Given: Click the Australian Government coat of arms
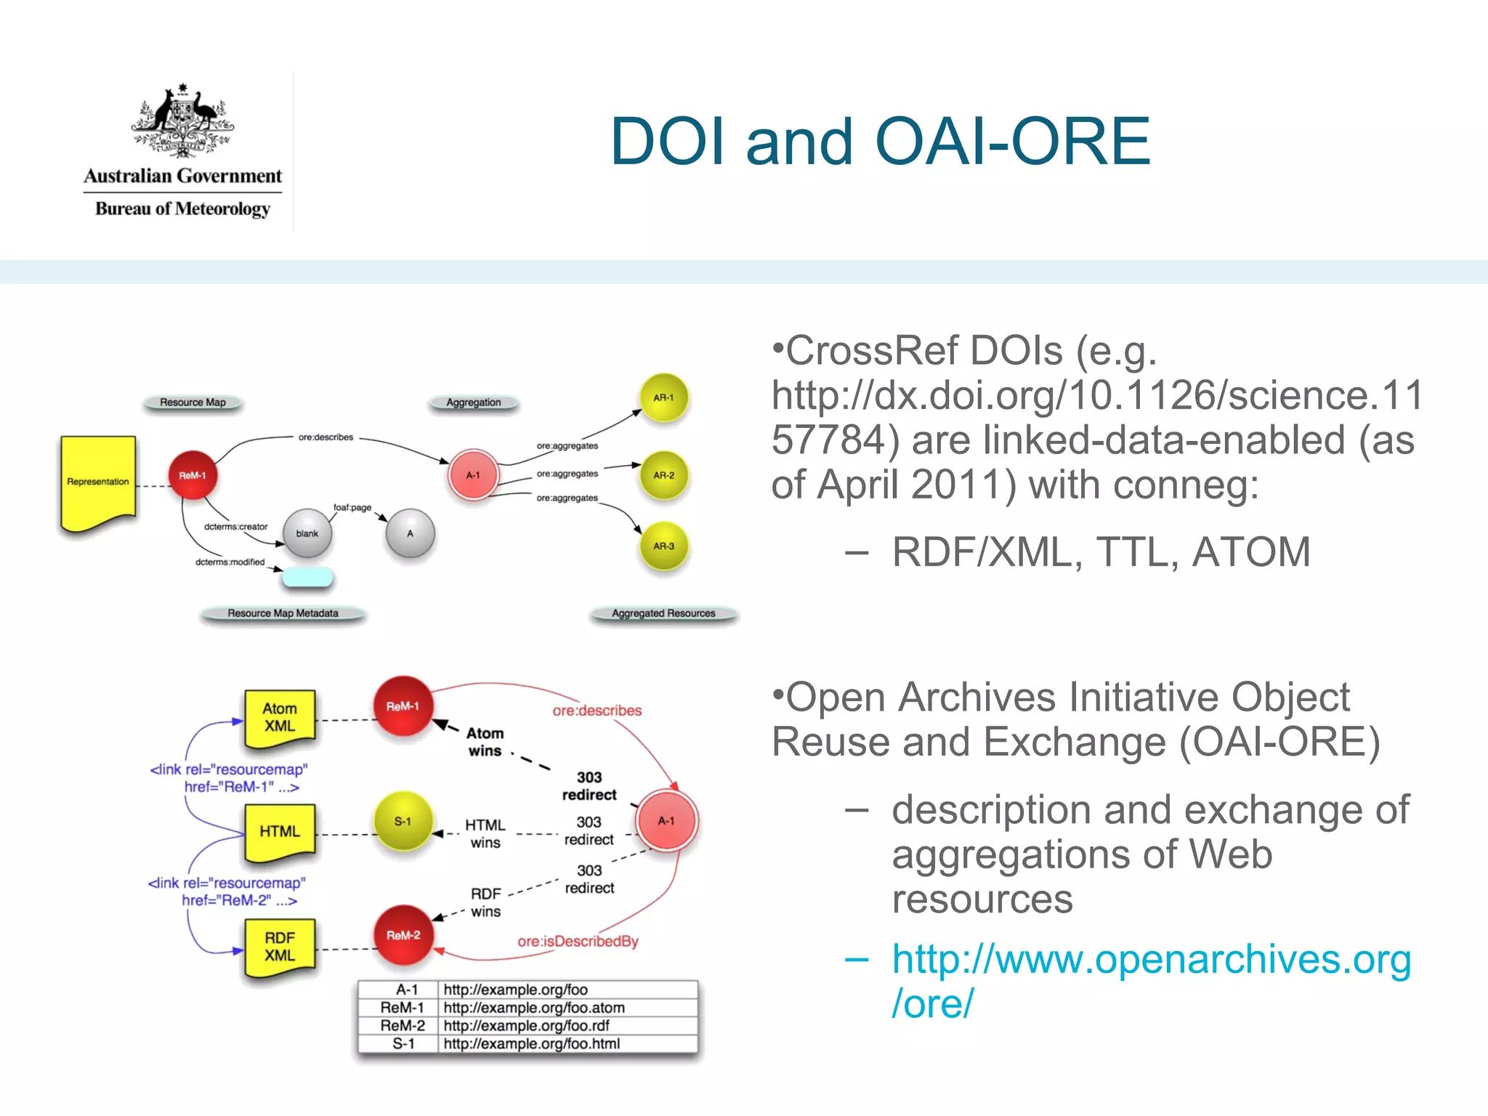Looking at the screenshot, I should (182, 120).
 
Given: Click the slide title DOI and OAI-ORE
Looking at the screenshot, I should (880, 142).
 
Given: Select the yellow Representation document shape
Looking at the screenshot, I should (98, 481).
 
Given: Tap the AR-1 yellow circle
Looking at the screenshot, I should (663, 398).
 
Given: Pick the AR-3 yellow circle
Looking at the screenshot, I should (663, 546).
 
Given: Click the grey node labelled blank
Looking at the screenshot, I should (307, 533).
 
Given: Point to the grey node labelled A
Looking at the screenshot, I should (411, 533).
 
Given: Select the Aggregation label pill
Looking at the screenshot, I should (474, 403).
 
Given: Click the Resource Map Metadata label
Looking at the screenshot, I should (283, 614).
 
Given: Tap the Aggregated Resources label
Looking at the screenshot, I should (663, 614).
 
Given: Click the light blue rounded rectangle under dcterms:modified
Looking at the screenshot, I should (307, 578).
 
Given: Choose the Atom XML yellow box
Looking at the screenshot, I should (280, 718).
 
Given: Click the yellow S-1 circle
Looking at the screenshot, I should (403, 822).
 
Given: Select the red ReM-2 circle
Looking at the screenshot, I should (403, 935).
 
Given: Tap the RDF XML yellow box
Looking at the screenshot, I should (280, 947).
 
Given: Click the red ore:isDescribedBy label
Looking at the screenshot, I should (578, 942).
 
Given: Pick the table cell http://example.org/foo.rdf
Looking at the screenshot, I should (526, 1026).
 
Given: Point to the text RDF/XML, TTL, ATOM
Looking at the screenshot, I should (1101, 552).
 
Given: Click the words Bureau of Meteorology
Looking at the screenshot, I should (182, 209).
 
